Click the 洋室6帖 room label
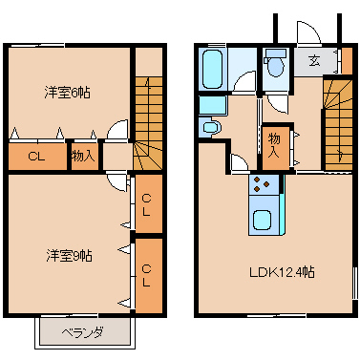(67, 93)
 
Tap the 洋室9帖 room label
(70, 256)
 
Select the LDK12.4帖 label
(282, 272)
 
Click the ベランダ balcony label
(82, 333)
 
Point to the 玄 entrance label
(314, 60)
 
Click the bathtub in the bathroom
(212, 69)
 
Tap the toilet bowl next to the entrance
(276, 64)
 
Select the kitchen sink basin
(263, 220)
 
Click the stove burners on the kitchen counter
(261, 184)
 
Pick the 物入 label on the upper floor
(83, 156)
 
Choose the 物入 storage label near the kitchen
(274, 145)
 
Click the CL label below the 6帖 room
(36, 157)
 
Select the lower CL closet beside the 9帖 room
(146, 276)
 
